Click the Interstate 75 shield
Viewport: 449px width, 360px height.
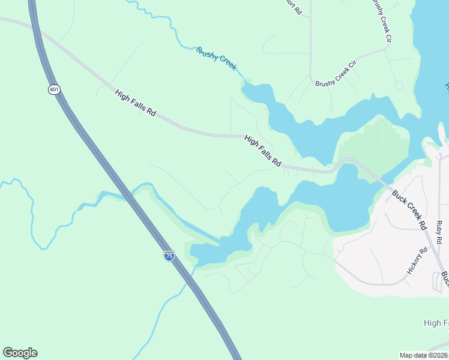169,255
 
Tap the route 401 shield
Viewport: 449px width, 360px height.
55,89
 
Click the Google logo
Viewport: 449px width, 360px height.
20,353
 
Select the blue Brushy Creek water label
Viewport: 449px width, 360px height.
216,58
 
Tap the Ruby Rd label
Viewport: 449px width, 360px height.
439,232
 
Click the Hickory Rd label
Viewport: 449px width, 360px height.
415,260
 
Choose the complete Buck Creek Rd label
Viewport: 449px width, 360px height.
409,210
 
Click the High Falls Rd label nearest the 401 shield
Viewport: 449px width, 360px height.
136,103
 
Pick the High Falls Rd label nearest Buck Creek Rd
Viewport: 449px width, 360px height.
263,151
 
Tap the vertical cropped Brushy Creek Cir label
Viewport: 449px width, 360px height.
382,21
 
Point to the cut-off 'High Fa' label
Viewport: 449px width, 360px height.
436,323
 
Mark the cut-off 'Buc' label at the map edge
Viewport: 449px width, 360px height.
445,278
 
